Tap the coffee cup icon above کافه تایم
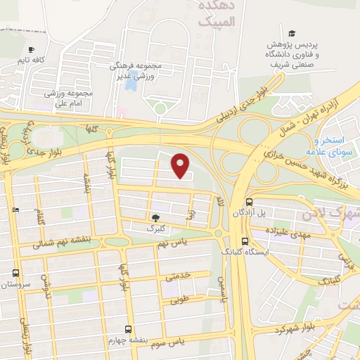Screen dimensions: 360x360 (x=31, y=49)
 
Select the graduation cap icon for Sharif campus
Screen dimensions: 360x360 (x=291, y=33)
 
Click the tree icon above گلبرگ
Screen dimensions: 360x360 (x=155, y=217)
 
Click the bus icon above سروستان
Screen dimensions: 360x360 (x=15, y=274)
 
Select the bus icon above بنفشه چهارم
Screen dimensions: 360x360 (x=128, y=328)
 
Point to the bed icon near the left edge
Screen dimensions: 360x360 (x=16, y=210)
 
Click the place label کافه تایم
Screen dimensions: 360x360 (x=33, y=61)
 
